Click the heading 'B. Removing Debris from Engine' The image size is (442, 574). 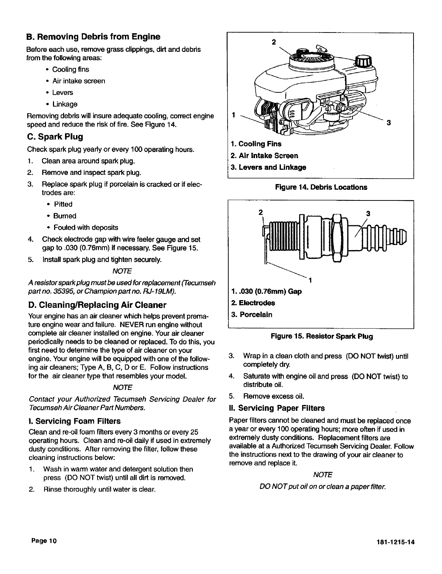coord(93,37)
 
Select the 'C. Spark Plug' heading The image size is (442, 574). coord(55,137)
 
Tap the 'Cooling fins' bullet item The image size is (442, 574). coord(71,69)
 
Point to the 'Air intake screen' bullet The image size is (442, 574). coord(79,81)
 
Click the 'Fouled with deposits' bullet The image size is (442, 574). coord(85,227)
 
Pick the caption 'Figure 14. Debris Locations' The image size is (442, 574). coord(321,187)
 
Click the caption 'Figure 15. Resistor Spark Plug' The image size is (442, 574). coord(321,336)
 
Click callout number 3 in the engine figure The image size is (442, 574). coord(389,123)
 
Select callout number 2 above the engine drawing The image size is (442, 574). coord(274,41)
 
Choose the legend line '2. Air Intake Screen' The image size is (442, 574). coord(264,156)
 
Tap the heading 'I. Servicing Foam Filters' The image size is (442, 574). coord(74,421)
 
